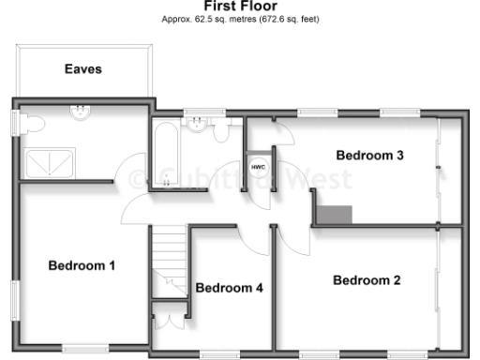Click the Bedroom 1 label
[x=82, y=266]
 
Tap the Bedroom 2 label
[x=367, y=280]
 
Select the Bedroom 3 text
[x=370, y=156]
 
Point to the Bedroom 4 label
[x=229, y=288]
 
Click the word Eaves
[x=82, y=69]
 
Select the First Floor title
[x=239, y=6]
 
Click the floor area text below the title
[x=239, y=19]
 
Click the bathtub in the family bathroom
[x=167, y=154]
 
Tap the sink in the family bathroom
[x=197, y=127]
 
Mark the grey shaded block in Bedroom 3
[x=334, y=214]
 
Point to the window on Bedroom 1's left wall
[x=15, y=306]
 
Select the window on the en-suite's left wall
[x=15, y=123]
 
